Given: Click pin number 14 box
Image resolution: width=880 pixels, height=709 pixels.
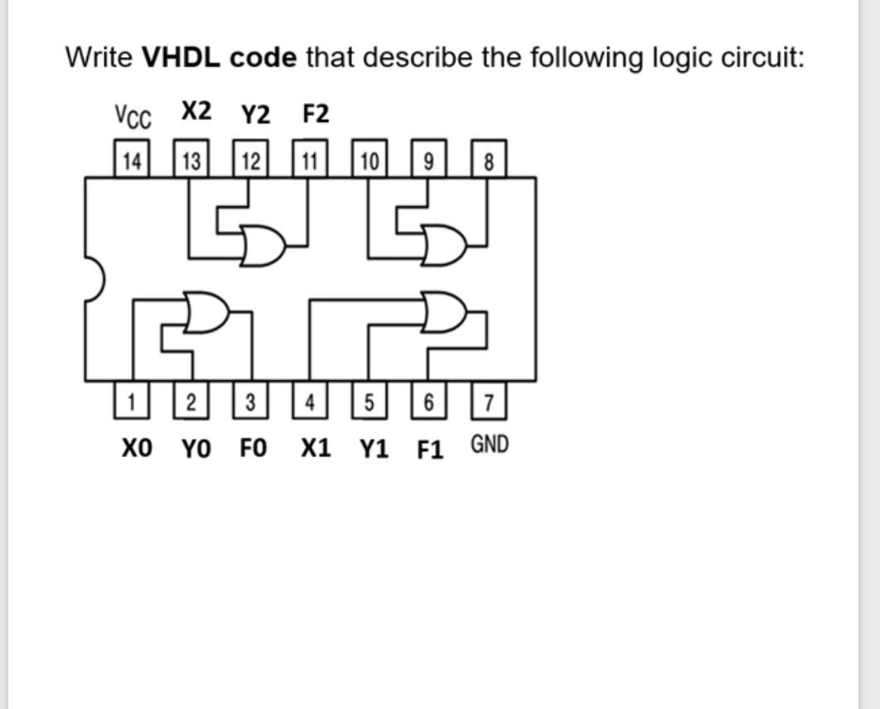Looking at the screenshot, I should [x=132, y=161].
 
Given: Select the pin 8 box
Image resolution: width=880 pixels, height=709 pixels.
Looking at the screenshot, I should [x=489, y=161].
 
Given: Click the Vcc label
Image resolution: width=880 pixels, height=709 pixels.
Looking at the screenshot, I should [x=132, y=117].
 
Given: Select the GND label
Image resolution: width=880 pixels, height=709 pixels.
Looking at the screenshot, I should [x=490, y=445].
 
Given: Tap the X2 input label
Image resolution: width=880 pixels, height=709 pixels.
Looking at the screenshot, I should [x=196, y=112].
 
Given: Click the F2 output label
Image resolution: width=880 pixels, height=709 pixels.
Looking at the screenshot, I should [x=316, y=113].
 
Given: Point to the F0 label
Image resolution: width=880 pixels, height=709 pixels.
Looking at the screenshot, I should [x=254, y=449].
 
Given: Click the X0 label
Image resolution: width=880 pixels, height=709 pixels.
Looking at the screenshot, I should [x=137, y=449].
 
